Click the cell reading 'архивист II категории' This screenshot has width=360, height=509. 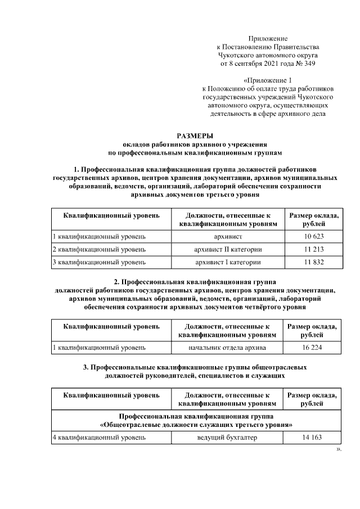pyautogui.click(x=228, y=249)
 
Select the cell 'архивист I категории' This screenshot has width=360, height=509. pyautogui.click(x=228, y=262)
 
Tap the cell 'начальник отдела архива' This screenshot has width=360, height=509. pyautogui.click(x=227, y=348)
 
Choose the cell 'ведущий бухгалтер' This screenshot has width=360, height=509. pyautogui.click(x=227, y=437)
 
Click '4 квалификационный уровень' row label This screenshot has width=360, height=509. pyautogui.click(x=99, y=437)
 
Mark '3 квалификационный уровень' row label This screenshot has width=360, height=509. pyautogui.click(x=99, y=262)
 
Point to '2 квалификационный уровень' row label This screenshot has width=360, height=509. pyautogui.click(x=99, y=249)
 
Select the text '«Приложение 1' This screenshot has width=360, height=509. pyautogui.click(x=268, y=80)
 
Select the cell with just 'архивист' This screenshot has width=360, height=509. pyautogui.click(x=228, y=237)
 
